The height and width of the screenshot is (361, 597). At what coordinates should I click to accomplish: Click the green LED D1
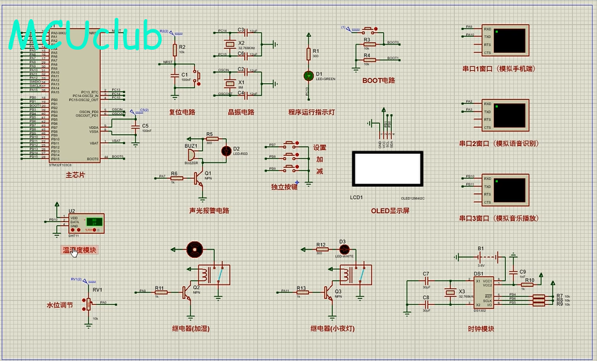[308, 75]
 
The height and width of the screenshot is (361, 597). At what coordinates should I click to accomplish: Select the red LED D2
[226, 151]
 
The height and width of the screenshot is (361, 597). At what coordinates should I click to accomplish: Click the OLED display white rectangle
[388, 169]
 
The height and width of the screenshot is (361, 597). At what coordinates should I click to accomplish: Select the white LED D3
[343, 249]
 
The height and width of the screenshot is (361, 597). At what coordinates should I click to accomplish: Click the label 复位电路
[182, 112]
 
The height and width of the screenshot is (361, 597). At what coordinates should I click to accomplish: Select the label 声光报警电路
[209, 210]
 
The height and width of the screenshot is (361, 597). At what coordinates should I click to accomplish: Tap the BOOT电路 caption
[378, 81]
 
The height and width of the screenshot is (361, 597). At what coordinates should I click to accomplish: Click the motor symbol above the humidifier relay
[194, 249]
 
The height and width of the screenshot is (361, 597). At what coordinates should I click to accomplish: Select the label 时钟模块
[480, 329]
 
